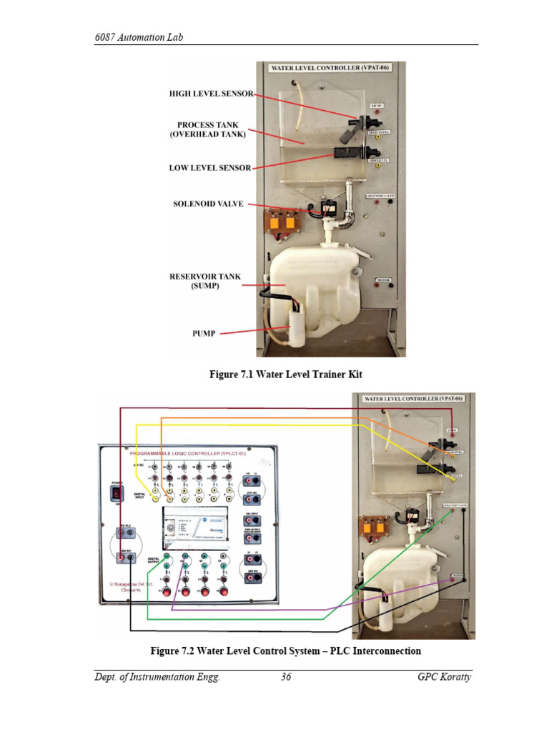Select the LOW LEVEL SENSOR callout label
(210, 168)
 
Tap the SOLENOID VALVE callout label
(208, 204)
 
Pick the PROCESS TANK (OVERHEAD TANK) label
(208, 129)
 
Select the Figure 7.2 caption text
(285, 651)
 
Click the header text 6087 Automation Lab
(138, 36)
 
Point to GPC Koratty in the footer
(444, 678)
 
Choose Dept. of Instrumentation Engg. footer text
(157, 678)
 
